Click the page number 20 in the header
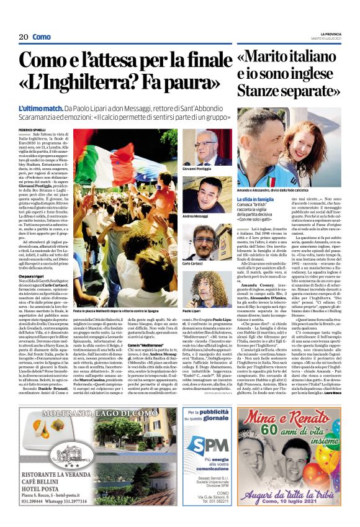tap(23, 37)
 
